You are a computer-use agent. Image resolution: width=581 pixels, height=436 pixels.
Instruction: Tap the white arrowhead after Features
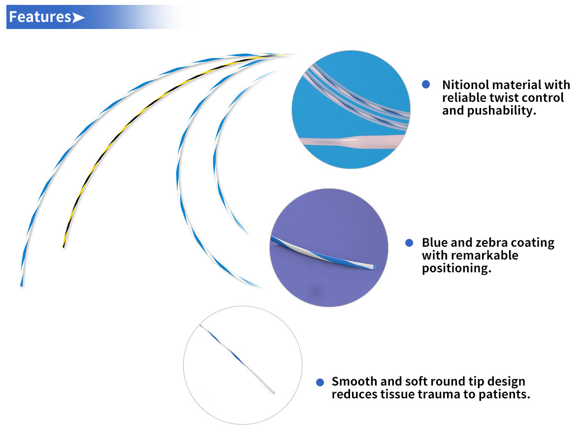pyautogui.click(x=78, y=18)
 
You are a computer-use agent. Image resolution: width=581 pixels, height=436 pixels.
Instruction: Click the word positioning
pyautogui.click(x=456, y=268)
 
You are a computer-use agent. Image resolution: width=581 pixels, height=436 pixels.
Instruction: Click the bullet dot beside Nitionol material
pyautogui.click(x=426, y=85)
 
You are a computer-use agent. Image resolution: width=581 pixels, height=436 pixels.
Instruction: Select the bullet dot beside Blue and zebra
pyautogui.click(x=409, y=243)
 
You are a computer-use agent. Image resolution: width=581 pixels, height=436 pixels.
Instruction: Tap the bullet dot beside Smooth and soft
pyautogui.click(x=320, y=382)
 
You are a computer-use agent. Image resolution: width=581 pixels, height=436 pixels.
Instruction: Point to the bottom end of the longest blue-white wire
pyautogui.click(x=21, y=284)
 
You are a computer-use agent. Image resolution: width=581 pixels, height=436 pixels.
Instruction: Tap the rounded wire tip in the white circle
pyautogui.click(x=273, y=392)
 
